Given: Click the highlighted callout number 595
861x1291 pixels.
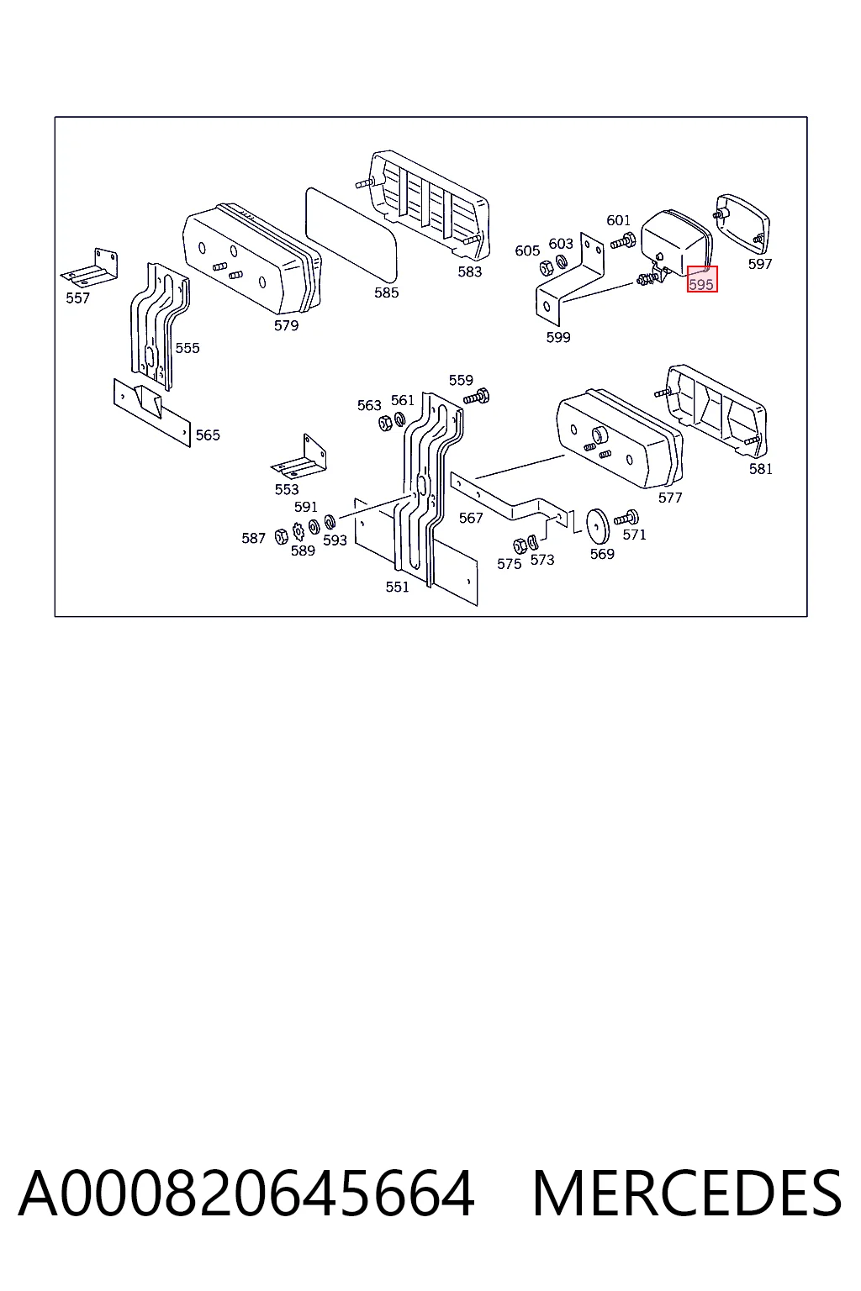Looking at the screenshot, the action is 701,283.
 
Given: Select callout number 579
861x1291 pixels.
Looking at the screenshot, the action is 286,325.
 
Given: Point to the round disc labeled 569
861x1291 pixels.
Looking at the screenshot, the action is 598,526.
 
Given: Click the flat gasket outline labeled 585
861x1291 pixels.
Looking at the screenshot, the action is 351,239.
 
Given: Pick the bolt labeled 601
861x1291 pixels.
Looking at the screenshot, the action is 623,240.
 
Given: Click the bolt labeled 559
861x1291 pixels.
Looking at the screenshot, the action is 477,397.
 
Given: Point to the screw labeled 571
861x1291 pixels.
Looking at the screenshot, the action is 626,518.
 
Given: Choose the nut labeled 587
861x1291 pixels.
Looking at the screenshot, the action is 282,536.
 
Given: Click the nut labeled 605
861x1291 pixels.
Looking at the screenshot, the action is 545,266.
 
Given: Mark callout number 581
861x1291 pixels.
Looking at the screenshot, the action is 761,469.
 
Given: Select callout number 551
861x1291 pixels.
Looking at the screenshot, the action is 398,587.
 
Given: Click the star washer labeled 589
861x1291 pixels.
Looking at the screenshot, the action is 298,530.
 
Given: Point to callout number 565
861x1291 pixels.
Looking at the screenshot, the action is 208,435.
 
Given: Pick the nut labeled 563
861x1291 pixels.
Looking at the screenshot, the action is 385,423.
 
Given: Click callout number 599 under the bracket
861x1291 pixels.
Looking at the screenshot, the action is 558,337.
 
